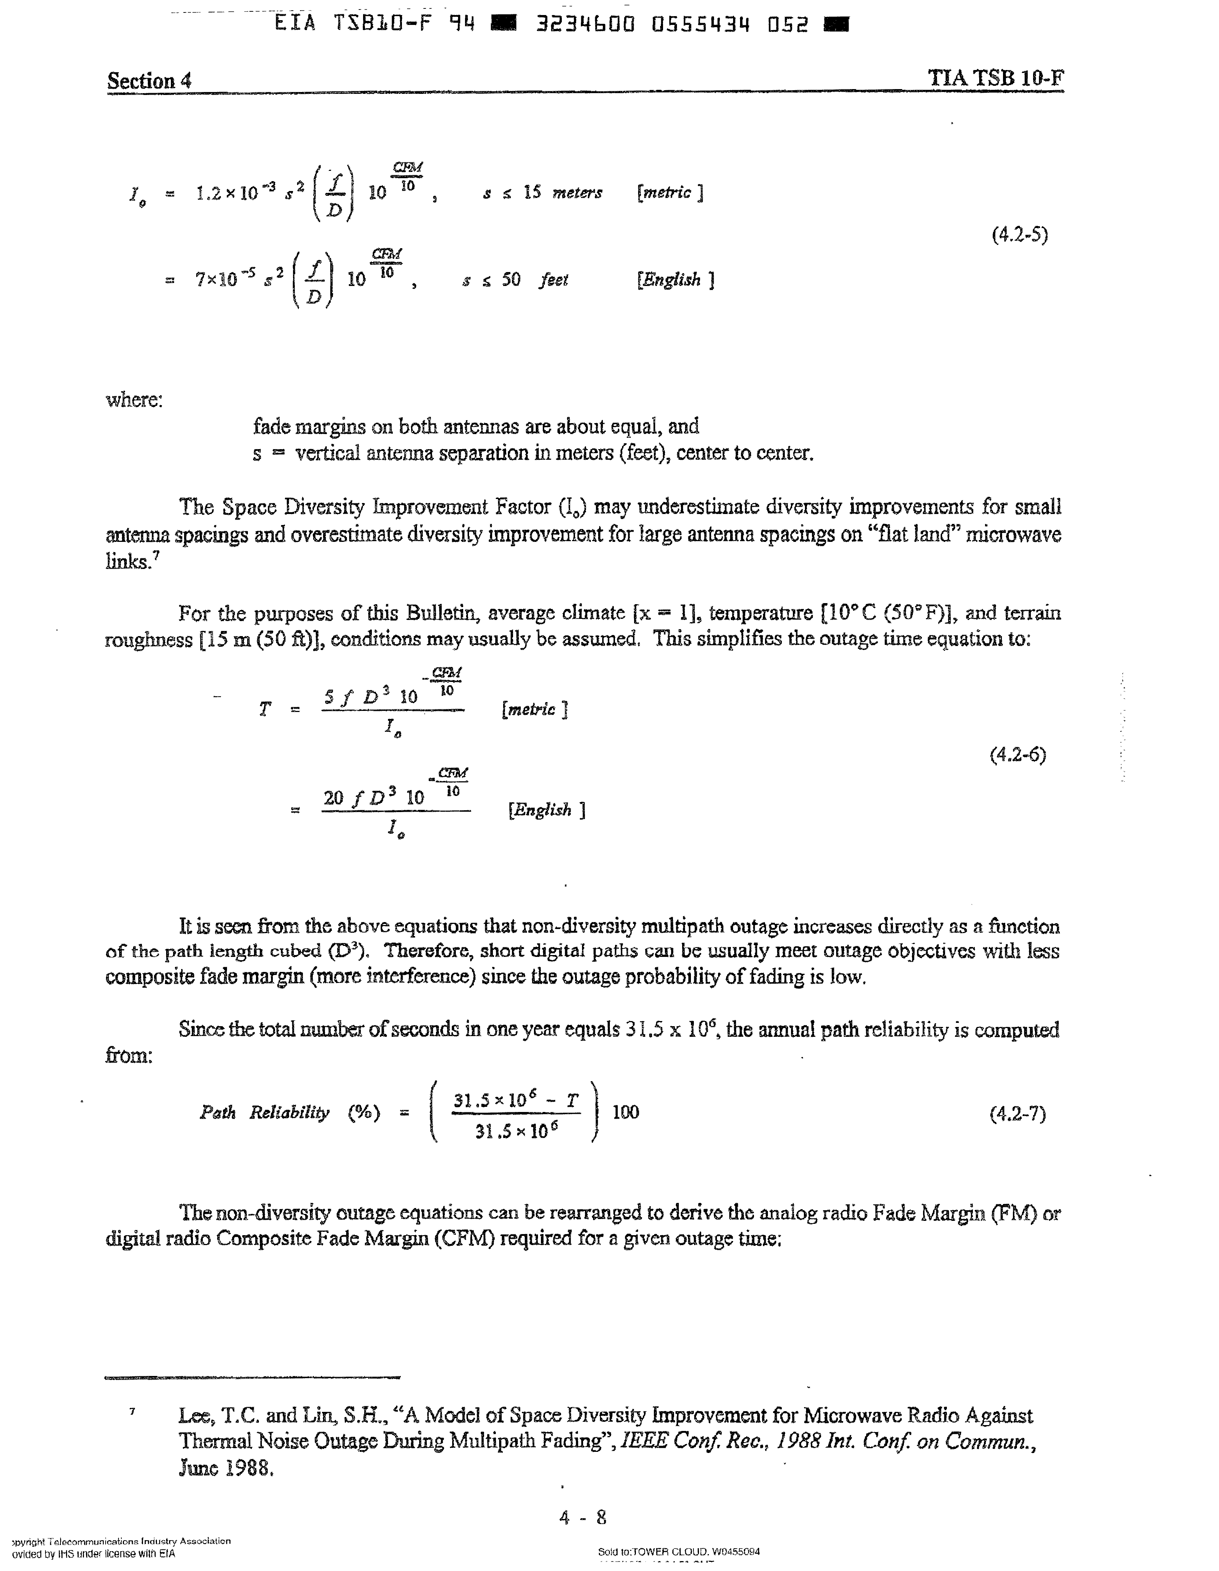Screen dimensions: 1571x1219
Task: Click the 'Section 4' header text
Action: (x=149, y=81)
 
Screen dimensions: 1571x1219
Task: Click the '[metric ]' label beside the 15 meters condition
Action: (x=669, y=193)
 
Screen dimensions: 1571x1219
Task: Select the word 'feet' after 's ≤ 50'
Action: (x=553, y=280)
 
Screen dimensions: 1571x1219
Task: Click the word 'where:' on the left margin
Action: (x=135, y=400)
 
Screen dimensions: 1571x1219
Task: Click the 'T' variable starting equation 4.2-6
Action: (x=265, y=710)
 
